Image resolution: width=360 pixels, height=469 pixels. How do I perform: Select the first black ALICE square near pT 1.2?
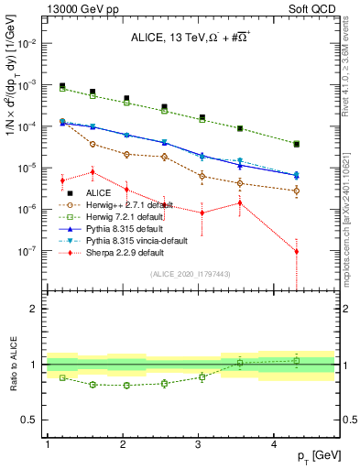[x=62, y=86]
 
